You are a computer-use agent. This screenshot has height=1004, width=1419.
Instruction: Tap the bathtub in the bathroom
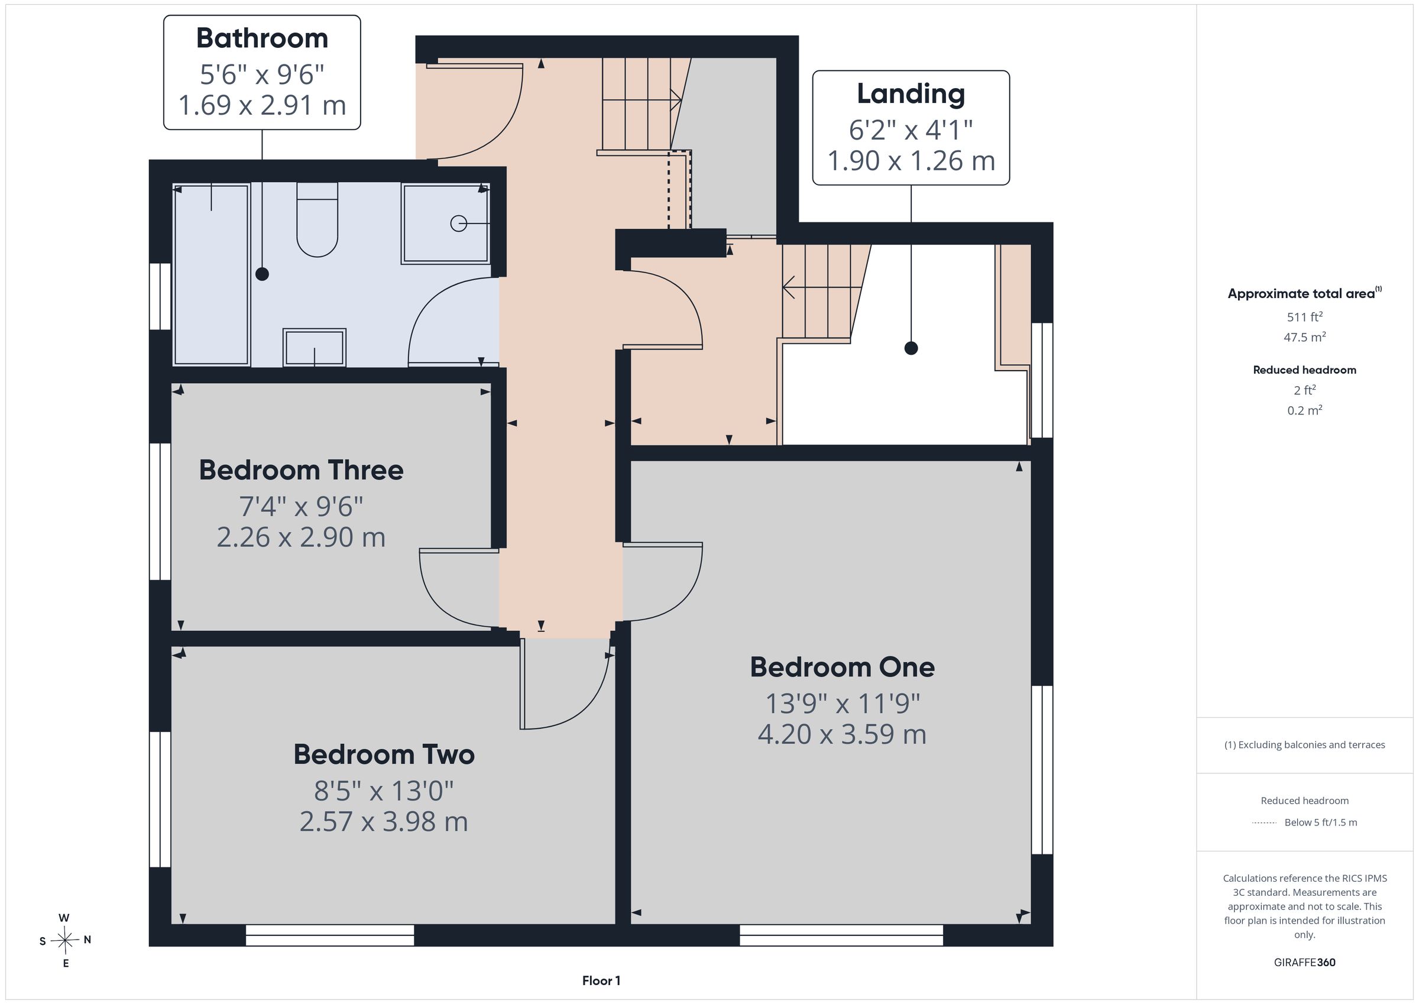click(211, 275)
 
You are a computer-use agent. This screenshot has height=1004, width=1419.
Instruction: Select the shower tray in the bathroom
click(446, 224)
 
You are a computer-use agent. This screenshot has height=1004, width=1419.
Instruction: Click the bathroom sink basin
click(314, 348)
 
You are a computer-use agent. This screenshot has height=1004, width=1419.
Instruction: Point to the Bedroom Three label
click(301, 470)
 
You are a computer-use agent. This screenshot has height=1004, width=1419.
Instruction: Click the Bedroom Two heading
click(384, 754)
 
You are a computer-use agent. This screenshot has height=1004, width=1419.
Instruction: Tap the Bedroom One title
click(843, 667)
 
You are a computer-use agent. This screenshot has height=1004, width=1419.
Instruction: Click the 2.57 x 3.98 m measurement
click(384, 822)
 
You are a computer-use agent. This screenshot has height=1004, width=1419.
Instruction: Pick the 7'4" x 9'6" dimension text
click(301, 507)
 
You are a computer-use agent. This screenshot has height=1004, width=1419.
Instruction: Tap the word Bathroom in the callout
click(262, 38)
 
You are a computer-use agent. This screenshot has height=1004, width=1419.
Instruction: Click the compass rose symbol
click(65, 940)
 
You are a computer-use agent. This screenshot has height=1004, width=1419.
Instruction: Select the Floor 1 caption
click(601, 980)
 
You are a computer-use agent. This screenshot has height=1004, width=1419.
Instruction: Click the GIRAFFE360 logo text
click(1305, 963)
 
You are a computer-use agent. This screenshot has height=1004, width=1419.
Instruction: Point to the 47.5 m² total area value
click(1305, 337)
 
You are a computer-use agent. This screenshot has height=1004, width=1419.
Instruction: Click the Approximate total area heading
click(1304, 294)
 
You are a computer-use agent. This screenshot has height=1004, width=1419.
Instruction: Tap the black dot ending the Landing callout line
click(911, 348)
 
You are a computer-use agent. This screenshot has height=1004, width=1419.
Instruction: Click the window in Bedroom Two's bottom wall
click(330, 935)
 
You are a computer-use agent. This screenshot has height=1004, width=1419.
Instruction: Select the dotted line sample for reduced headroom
click(1264, 823)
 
